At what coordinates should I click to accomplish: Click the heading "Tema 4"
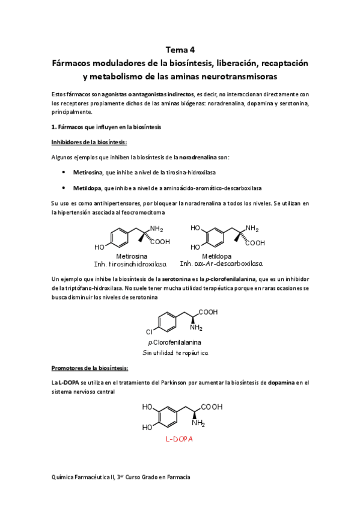pos(180,50)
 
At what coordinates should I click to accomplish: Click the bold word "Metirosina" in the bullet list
pos(87,172)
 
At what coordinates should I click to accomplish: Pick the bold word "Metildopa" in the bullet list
pos(87,188)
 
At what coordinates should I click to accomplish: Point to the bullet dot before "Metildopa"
pos(64,188)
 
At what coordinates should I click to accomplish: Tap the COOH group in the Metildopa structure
pos(255,243)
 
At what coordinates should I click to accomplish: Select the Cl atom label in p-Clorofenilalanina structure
pos(150,331)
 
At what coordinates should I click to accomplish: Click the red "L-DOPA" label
pos(179,439)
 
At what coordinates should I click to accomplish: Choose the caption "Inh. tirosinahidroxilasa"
pos(130,264)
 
